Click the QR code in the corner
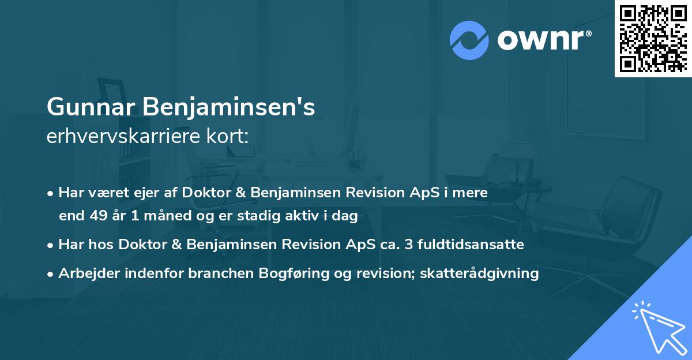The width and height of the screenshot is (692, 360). pos(653,39)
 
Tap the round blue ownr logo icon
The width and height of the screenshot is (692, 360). pos(469,40)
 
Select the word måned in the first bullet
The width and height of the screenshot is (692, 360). pos(173,216)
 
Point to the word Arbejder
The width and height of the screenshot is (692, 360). pos(86,273)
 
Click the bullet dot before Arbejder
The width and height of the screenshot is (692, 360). pos(51,274)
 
